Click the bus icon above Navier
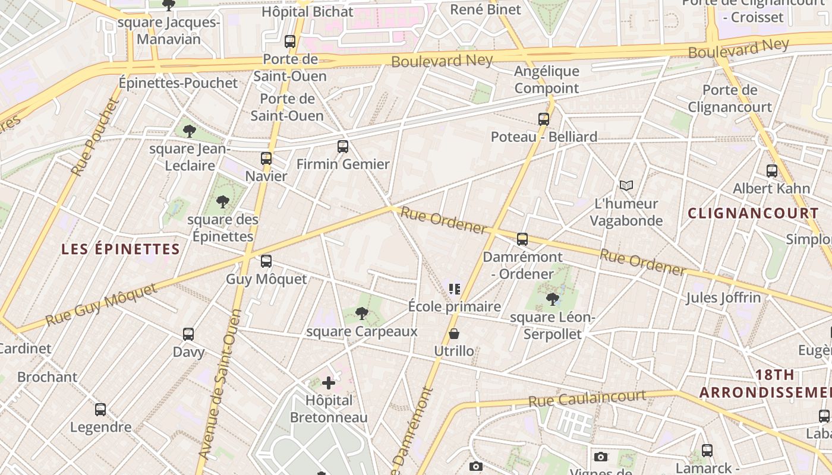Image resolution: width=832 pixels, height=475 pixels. (266, 159)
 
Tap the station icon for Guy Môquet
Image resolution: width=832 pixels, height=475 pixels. (266, 261)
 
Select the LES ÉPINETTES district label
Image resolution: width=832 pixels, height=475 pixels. (121, 249)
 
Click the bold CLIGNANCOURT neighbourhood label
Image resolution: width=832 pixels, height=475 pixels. (753, 213)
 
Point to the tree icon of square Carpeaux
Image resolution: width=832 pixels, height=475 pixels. (361, 313)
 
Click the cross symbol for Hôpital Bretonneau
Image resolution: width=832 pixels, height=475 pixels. (329, 383)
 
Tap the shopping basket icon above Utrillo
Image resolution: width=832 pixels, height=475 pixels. (454, 334)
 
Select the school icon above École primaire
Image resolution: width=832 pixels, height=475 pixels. (455, 289)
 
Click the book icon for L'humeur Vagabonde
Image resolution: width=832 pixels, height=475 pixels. (626, 186)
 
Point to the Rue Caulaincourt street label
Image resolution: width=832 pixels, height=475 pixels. (587, 398)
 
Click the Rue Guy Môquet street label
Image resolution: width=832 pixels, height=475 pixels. (101, 305)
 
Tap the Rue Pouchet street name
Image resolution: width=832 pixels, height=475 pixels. (94, 137)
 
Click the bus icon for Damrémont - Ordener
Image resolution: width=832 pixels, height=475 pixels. (522, 239)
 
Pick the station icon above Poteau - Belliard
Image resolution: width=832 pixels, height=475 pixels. (544, 119)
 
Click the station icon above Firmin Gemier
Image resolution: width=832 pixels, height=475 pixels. (343, 147)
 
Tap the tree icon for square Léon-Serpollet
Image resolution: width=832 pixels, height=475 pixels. (553, 299)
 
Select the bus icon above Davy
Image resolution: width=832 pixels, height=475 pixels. (188, 334)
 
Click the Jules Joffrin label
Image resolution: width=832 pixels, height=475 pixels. (723, 297)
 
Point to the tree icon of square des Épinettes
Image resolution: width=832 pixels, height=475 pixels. (223, 202)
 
